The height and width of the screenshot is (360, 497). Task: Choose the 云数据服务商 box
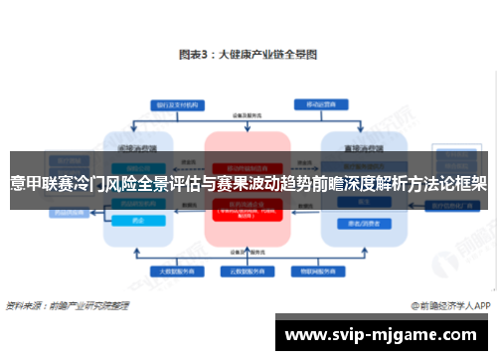pyautogui.click(x=247, y=270)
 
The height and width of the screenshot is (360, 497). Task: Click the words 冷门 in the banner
pyautogui.click(x=95, y=183)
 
